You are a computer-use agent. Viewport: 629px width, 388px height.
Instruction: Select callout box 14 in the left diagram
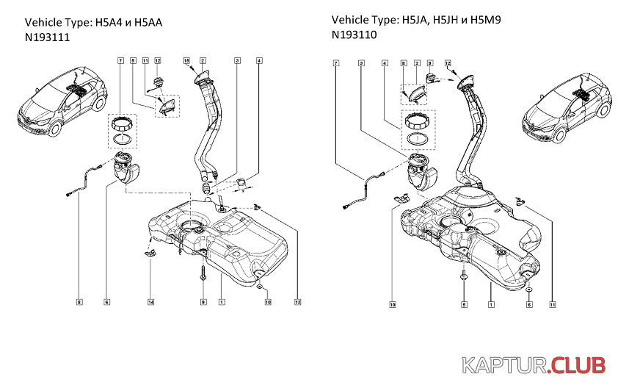150,301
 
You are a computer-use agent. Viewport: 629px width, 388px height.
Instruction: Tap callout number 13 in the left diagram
297,301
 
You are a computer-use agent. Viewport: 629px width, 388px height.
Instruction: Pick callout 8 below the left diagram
79,301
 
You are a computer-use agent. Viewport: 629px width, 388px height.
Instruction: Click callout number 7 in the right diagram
336,64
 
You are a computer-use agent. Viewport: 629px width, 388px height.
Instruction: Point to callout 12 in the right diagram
447,64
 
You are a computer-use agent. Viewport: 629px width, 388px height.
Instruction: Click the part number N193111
48,38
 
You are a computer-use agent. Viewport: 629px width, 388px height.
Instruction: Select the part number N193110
355,35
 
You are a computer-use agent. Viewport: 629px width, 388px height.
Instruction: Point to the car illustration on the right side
565,107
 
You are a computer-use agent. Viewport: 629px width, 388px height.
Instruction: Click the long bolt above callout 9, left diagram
202,273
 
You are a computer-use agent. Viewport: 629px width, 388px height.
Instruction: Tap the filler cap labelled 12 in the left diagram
156,80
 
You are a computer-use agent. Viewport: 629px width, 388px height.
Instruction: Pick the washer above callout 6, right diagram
528,289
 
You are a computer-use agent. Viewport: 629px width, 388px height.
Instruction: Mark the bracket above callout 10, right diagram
400,197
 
